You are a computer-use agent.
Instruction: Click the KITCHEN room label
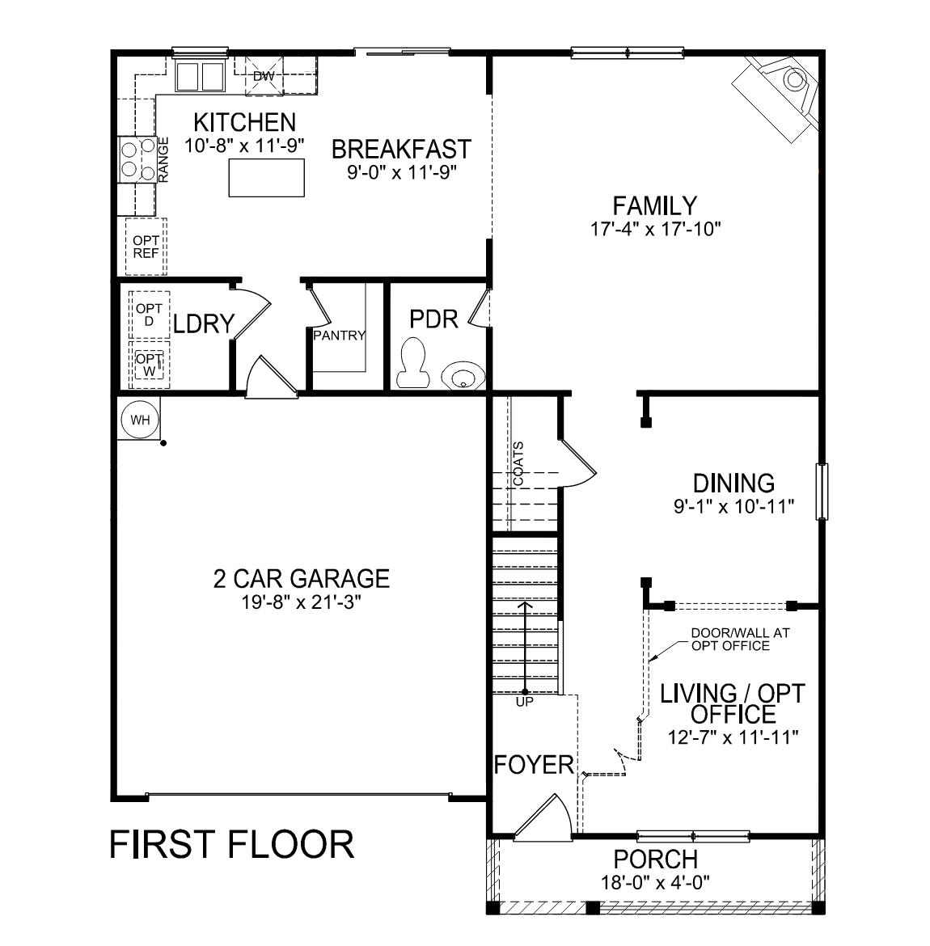(x=244, y=122)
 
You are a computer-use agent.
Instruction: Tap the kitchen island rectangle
(x=267, y=178)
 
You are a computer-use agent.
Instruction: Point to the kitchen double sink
(x=200, y=77)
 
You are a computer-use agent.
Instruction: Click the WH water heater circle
(x=140, y=420)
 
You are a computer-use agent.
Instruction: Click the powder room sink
(x=463, y=377)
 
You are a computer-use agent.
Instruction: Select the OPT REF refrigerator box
(x=146, y=247)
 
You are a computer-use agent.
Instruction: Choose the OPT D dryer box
(x=149, y=315)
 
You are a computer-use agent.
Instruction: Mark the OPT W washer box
(x=149, y=364)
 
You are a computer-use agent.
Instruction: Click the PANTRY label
(x=340, y=336)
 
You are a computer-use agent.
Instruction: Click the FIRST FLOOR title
(x=231, y=844)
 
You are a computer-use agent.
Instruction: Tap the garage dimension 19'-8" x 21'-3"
(x=301, y=603)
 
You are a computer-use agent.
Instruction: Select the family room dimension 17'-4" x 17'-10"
(x=655, y=229)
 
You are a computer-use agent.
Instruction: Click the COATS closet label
(x=518, y=464)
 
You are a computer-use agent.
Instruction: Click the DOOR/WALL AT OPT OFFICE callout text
(x=729, y=639)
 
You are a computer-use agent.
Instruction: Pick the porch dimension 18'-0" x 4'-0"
(x=655, y=883)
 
